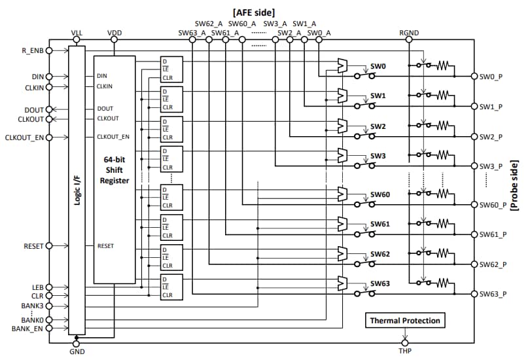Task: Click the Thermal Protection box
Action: [x=405, y=321]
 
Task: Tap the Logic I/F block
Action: [x=77, y=190]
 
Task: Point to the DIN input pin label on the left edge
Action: [x=35, y=77]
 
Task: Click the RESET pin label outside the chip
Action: [x=33, y=246]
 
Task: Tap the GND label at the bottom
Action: [x=77, y=352]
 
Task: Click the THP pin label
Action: [x=406, y=352]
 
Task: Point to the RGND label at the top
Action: [x=409, y=32]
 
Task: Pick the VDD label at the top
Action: [x=114, y=32]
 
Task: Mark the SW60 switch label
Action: [x=380, y=194]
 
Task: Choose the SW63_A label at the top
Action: [x=192, y=33]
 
